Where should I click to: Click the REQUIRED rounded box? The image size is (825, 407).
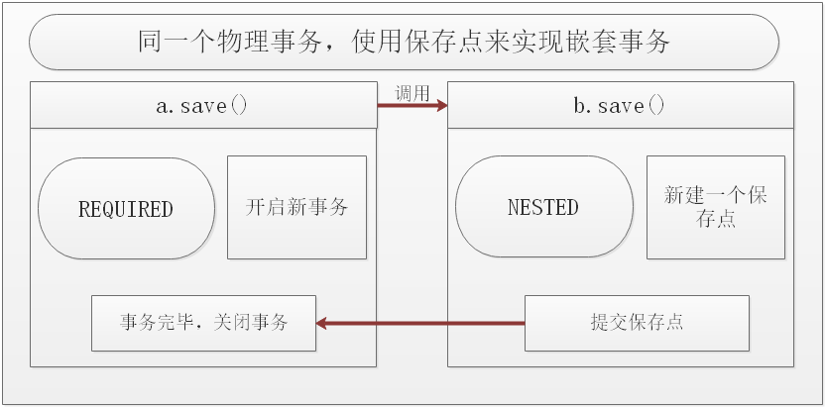[126, 209]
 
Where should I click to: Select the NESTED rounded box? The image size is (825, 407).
[543, 208]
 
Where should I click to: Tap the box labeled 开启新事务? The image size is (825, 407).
[296, 207]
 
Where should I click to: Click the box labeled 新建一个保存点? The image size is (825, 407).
[715, 207]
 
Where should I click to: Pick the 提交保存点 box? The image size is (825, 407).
[636, 323]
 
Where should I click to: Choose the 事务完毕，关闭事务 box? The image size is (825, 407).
[203, 323]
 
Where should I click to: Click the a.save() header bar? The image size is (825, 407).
[202, 106]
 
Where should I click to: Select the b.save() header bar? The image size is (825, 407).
[621, 106]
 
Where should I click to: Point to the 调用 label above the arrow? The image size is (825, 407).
[412, 93]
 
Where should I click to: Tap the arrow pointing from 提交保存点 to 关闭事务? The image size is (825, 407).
[420, 323]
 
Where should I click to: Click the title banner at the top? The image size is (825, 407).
[404, 42]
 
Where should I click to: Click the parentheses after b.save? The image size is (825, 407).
[655, 106]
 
